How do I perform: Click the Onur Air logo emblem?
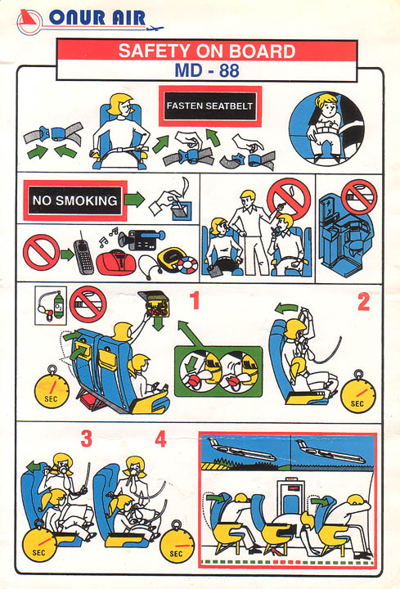click(x=29, y=22)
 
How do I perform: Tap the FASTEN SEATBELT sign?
click(x=210, y=106)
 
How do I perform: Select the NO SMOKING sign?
click(x=75, y=200)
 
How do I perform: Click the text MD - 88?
click(x=207, y=70)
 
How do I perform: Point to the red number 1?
click(x=194, y=299)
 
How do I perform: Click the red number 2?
click(x=363, y=301)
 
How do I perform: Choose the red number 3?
click(x=87, y=438)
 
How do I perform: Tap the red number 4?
click(x=161, y=438)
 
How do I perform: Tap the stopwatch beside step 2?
click(x=358, y=393)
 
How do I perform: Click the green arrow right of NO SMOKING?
click(x=134, y=200)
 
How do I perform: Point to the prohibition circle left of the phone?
click(x=41, y=253)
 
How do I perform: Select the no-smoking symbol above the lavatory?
click(x=359, y=197)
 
